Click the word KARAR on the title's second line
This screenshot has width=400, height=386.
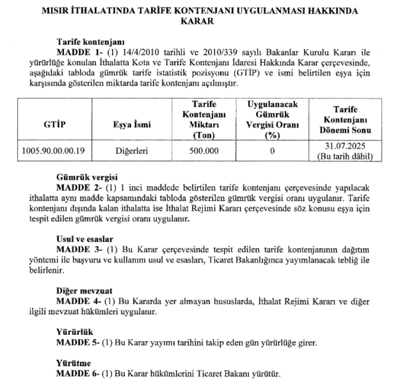[199, 22]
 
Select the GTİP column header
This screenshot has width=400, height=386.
[52, 125]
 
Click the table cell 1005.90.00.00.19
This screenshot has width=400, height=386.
[52, 151]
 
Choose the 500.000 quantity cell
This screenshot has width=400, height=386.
[204, 151]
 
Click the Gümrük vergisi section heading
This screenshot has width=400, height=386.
[86, 177]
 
